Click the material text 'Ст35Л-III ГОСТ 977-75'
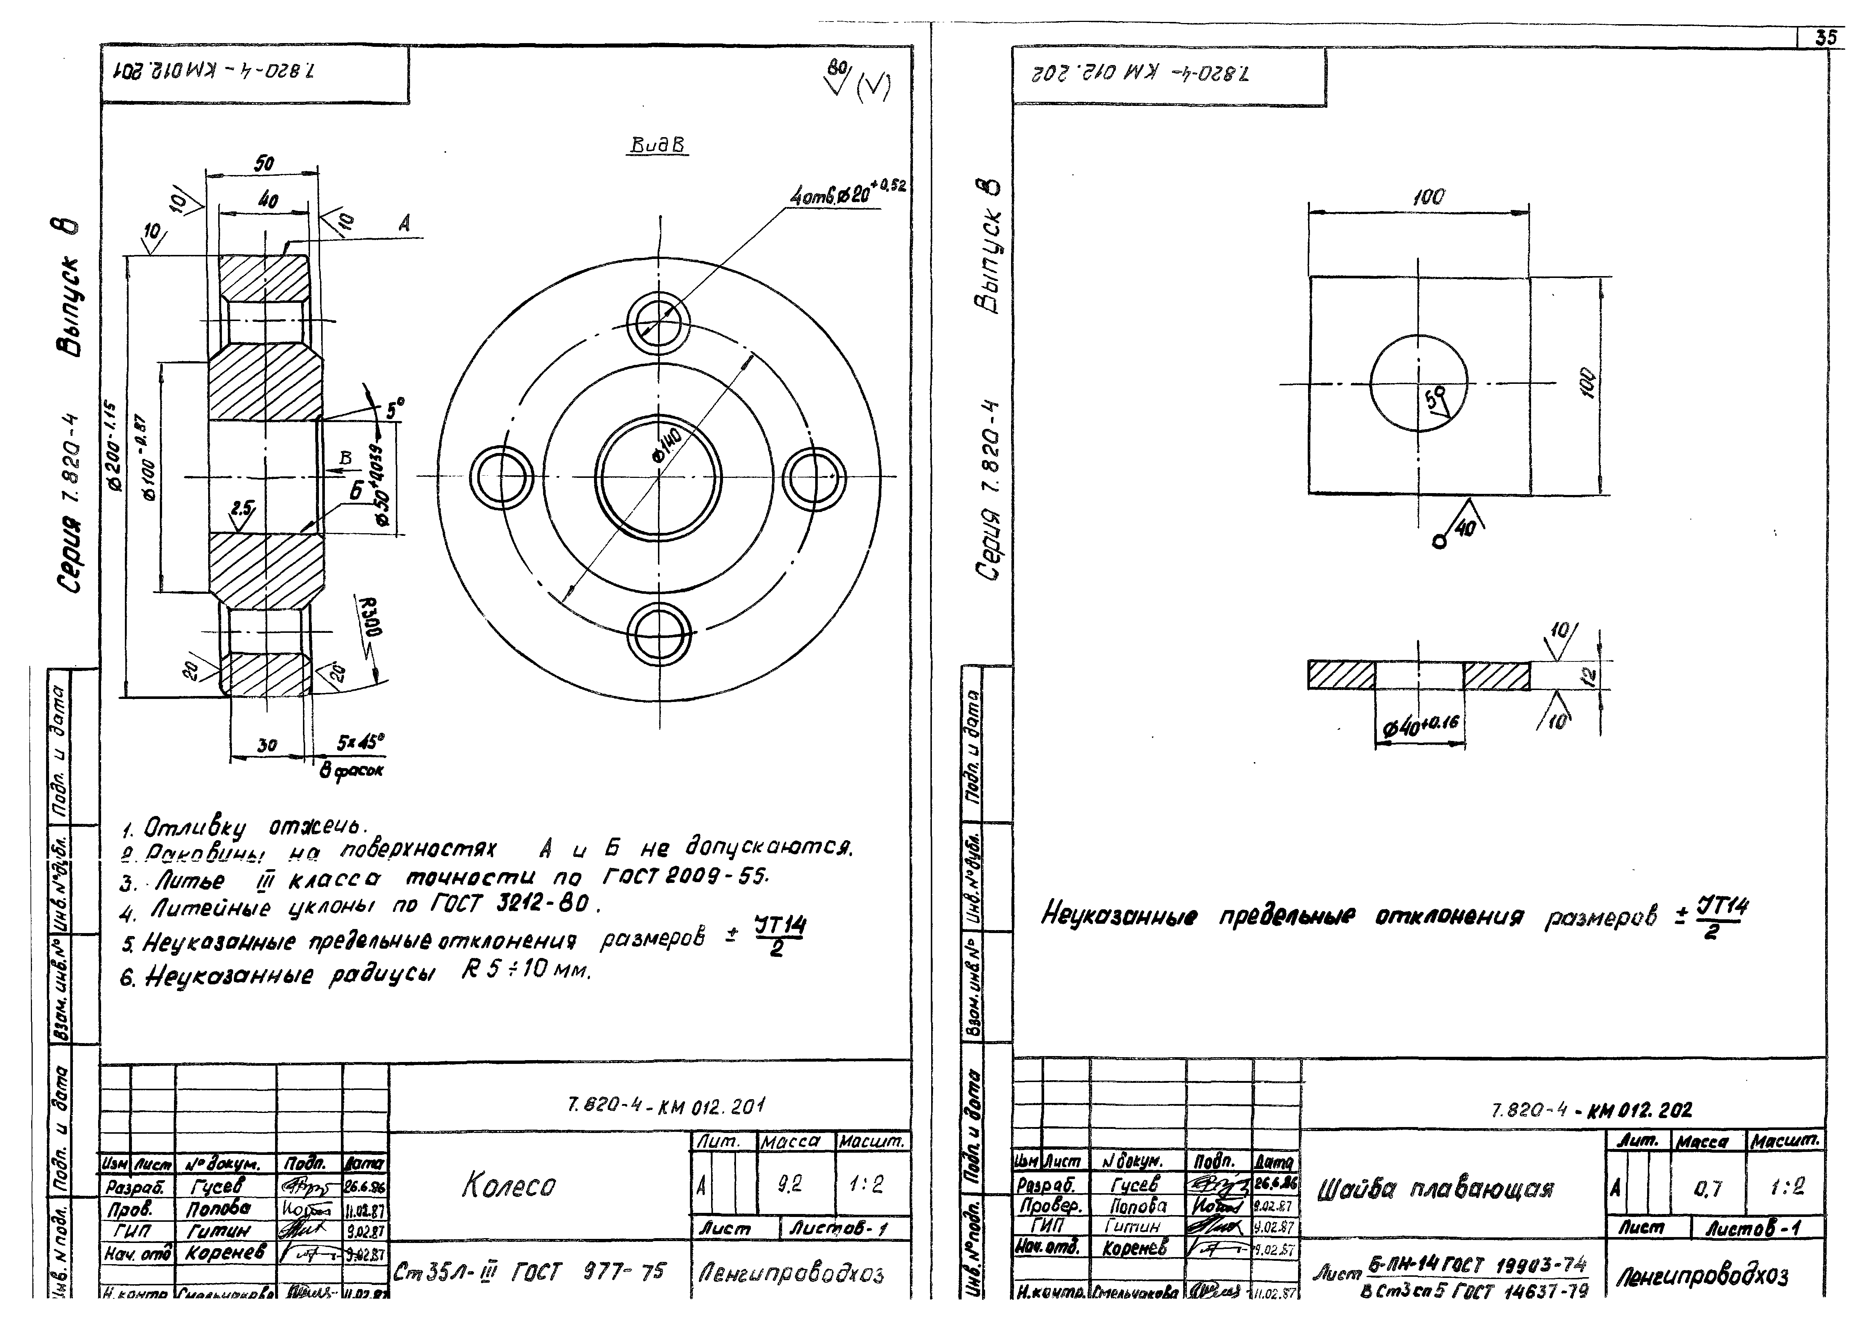[529, 1271]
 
